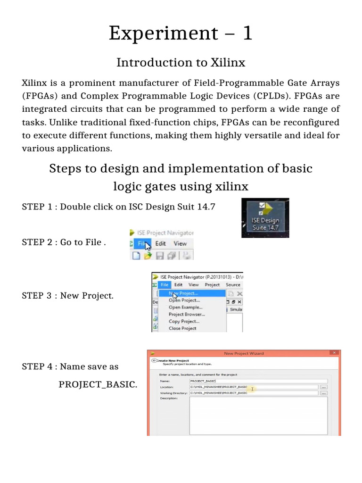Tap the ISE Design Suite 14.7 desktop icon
[x=265, y=217]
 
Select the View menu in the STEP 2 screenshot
[x=180, y=243]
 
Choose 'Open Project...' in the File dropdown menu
[x=184, y=300]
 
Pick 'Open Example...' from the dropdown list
[x=185, y=307]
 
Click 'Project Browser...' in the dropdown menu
[x=187, y=314]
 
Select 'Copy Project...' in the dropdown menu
[x=184, y=321]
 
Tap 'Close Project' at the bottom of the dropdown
[x=182, y=328]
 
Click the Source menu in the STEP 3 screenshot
[x=233, y=285]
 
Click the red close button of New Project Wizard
[x=335, y=353]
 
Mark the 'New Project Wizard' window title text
[x=244, y=353]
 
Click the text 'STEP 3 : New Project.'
[x=67, y=296]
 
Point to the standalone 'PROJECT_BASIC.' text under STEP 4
[x=98, y=384]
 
